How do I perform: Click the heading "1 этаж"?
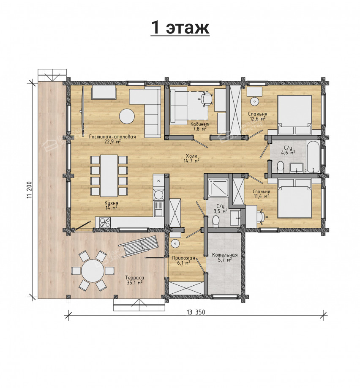tap(180, 28)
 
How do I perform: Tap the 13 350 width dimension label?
tap(196, 312)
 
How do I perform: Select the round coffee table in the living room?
tap(127, 116)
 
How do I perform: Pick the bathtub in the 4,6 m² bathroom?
tap(314, 157)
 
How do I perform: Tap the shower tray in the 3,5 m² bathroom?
tap(218, 188)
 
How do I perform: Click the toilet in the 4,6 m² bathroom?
tap(280, 167)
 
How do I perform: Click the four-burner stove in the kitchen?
tap(105, 222)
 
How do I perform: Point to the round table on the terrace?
tap(93, 271)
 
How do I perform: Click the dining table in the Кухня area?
tap(109, 175)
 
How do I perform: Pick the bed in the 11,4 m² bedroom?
tap(295, 199)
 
